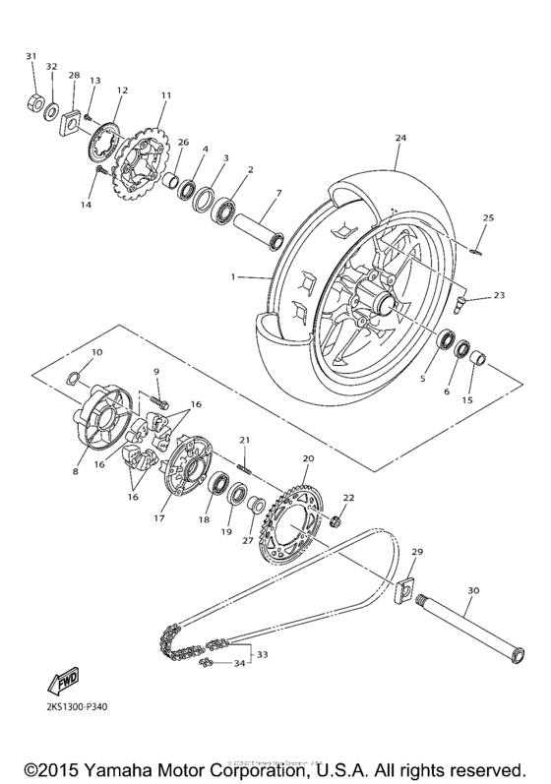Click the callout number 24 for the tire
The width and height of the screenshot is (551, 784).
(x=399, y=139)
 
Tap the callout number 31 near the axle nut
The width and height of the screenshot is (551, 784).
(x=31, y=55)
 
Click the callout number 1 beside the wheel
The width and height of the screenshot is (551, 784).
(x=234, y=277)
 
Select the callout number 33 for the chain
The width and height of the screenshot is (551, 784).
(x=262, y=653)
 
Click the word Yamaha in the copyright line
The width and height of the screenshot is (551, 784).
(x=123, y=766)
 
